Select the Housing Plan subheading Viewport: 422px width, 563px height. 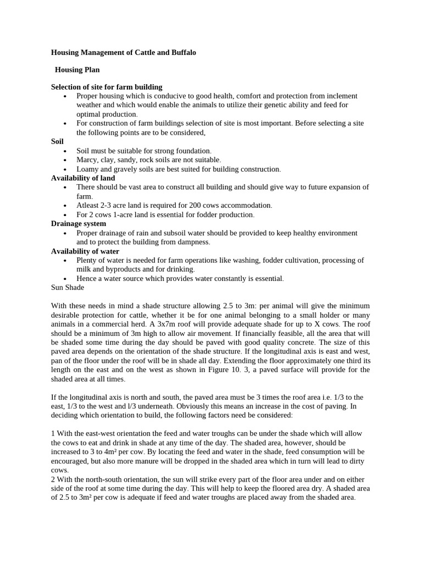pos(77,70)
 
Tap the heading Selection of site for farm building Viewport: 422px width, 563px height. pos(107,87)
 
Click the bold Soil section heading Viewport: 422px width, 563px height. pos(57,141)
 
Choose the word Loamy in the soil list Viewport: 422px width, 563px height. pos(88,169)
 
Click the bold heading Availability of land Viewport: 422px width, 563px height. pos(83,178)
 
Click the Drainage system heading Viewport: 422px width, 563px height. pos(79,224)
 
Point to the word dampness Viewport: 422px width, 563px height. pos(193,242)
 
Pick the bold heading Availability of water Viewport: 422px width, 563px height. pos(85,251)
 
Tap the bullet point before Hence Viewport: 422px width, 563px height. pos(65,279)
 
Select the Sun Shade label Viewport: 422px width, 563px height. pos(68,288)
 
